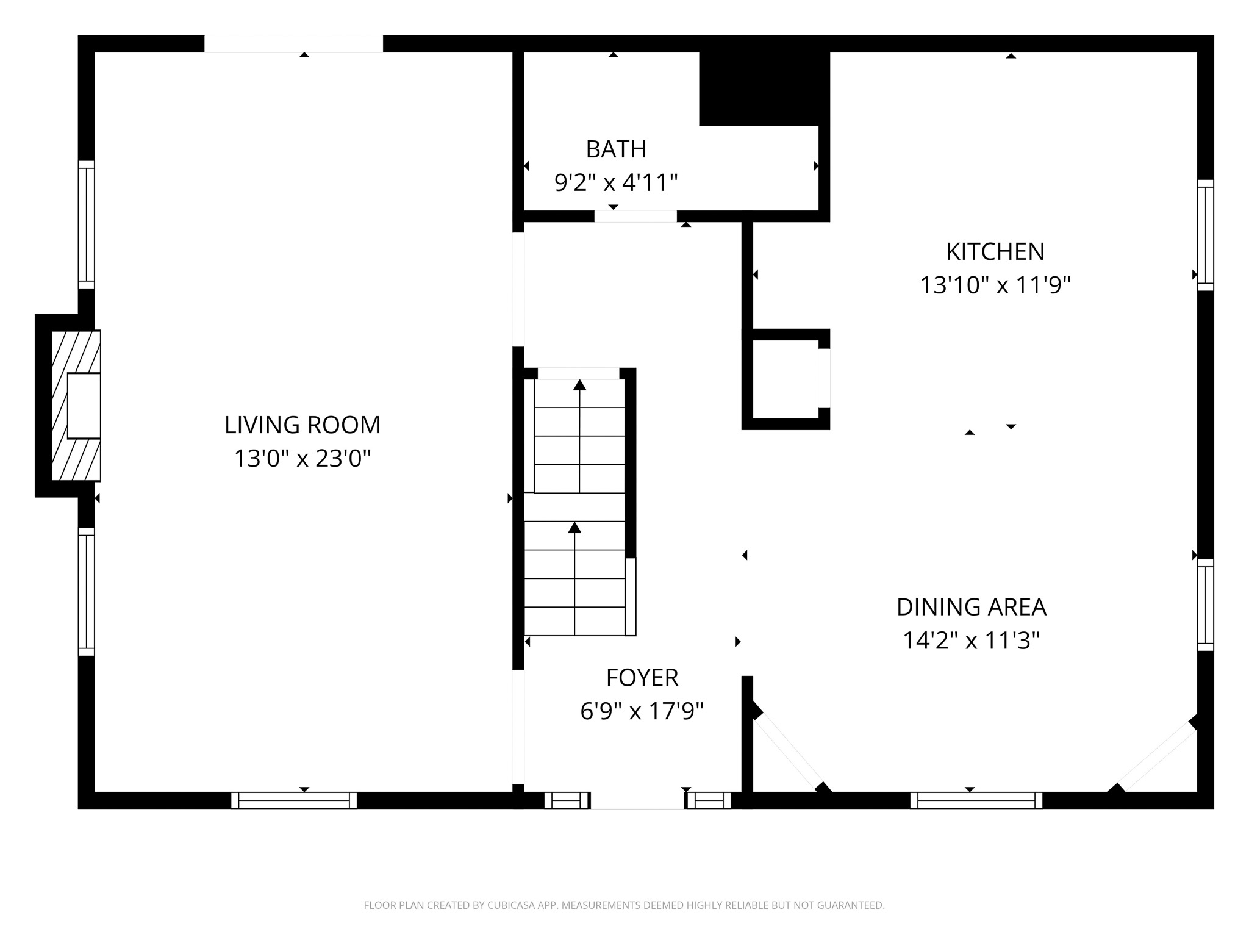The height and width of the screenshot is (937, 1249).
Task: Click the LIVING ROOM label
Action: (302, 425)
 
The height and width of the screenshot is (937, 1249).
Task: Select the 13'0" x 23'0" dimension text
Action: (302, 458)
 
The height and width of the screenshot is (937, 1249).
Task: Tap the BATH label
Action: (616, 149)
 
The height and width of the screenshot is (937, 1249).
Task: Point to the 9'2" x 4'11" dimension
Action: (616, 182)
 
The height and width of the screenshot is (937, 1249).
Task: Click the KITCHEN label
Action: (995, 251)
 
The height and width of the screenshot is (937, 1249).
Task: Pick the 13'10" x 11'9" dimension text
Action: (995, 285)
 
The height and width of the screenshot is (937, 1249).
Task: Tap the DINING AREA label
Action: (971, 607)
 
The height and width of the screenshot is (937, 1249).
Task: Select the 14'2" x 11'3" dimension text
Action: (971, 641)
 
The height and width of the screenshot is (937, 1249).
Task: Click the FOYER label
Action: (642, 678)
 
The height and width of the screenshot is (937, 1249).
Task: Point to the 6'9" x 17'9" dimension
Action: (642, 711)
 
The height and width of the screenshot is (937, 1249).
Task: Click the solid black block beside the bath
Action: (764, 88)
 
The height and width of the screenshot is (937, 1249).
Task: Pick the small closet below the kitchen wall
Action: (785, 379)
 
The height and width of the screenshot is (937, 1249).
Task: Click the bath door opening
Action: (635, 216)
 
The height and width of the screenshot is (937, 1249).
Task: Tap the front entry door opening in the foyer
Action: (637, 800)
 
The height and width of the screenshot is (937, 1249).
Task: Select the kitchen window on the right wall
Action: (1205, 235)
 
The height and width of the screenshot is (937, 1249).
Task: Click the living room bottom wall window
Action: (293, 800)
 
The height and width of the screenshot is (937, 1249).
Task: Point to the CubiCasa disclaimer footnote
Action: (624, 905)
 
